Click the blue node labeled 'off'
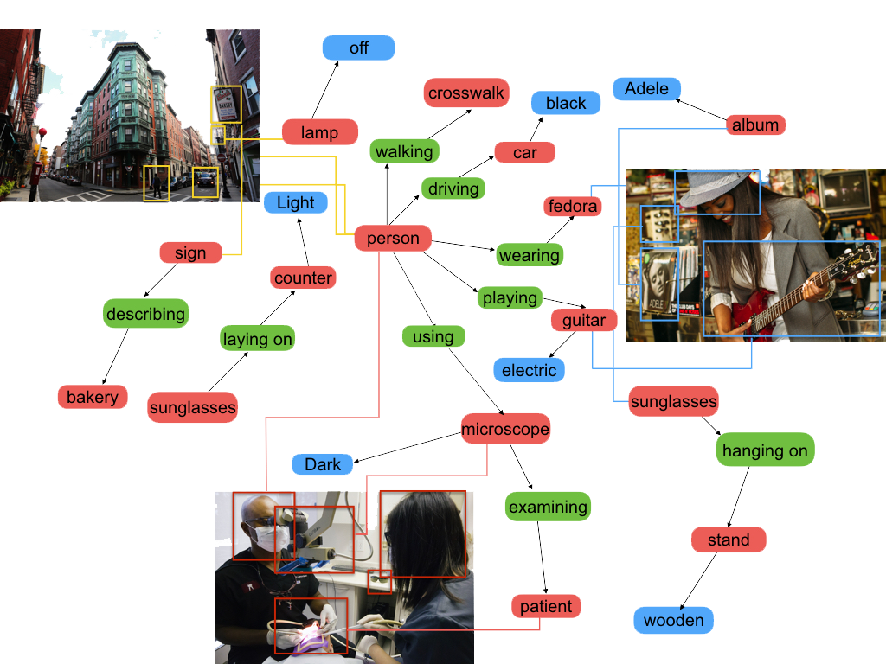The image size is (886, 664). pos(358,48)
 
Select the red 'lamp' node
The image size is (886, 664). pos(319,132)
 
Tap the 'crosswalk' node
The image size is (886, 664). pos(465,93)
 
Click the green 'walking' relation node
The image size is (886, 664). pos(404,151)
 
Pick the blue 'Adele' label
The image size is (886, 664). pos(646,88)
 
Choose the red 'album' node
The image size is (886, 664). pos(755,124)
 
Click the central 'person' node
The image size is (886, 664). pos(393,239)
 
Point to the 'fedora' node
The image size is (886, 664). pos(573,206)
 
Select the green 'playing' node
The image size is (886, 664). pos(510,297)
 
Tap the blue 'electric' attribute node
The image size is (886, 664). pos(529,370)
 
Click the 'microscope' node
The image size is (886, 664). pos(505,428)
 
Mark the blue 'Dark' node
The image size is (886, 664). pos(323,464)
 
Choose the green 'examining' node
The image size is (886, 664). pos(548,507)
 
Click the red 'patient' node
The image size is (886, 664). pos(546,606)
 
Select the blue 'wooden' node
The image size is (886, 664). pos(674,620)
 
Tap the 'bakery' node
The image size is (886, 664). pos(92,397)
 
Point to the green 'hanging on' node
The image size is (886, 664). pos(765,450)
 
